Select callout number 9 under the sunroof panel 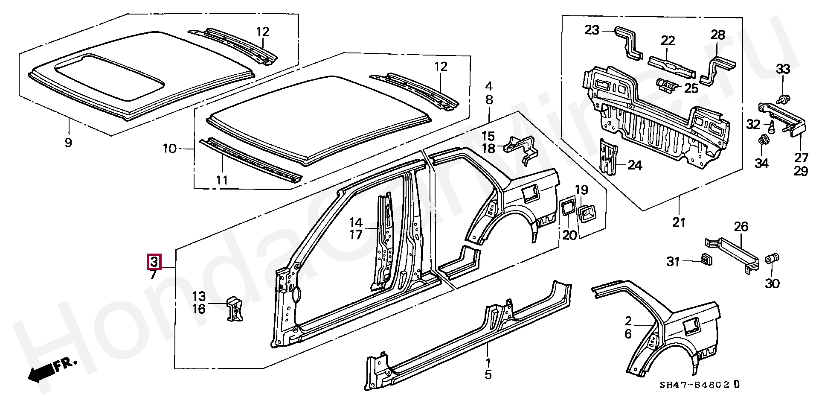click(68, 142)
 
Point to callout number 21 click(679, 222)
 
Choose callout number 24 click(635, 165)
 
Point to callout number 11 click(222, 180)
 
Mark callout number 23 click(592, 30)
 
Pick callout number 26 click(741, 227)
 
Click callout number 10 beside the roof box click(170, 149)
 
